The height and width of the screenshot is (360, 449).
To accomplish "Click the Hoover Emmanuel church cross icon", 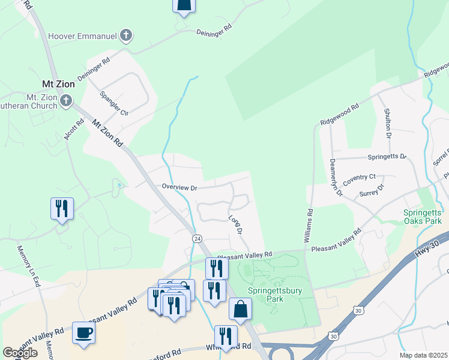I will pyautogui.click(x=126, y=35).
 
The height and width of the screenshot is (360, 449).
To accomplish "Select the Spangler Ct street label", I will pyautogui.click(x=114, y=104).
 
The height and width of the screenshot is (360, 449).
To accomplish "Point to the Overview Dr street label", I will pyautogui.click(x=179, y=187).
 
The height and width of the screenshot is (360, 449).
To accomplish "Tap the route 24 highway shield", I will pyautogui.click(x=197, y=238).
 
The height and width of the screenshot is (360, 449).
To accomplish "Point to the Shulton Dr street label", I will pyautogui.click(x=388, y=124).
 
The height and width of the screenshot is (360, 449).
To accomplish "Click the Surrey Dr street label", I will pyautogui.click(x=371, y=191).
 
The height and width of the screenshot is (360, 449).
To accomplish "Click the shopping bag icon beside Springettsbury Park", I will pyautogui.click(x=240, y=309).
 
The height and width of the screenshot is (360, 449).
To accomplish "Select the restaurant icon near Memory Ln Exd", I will pyautogui.click(x=62, y=209).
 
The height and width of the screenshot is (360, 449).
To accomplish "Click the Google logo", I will pyautogui.click(x=20, y=353).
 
